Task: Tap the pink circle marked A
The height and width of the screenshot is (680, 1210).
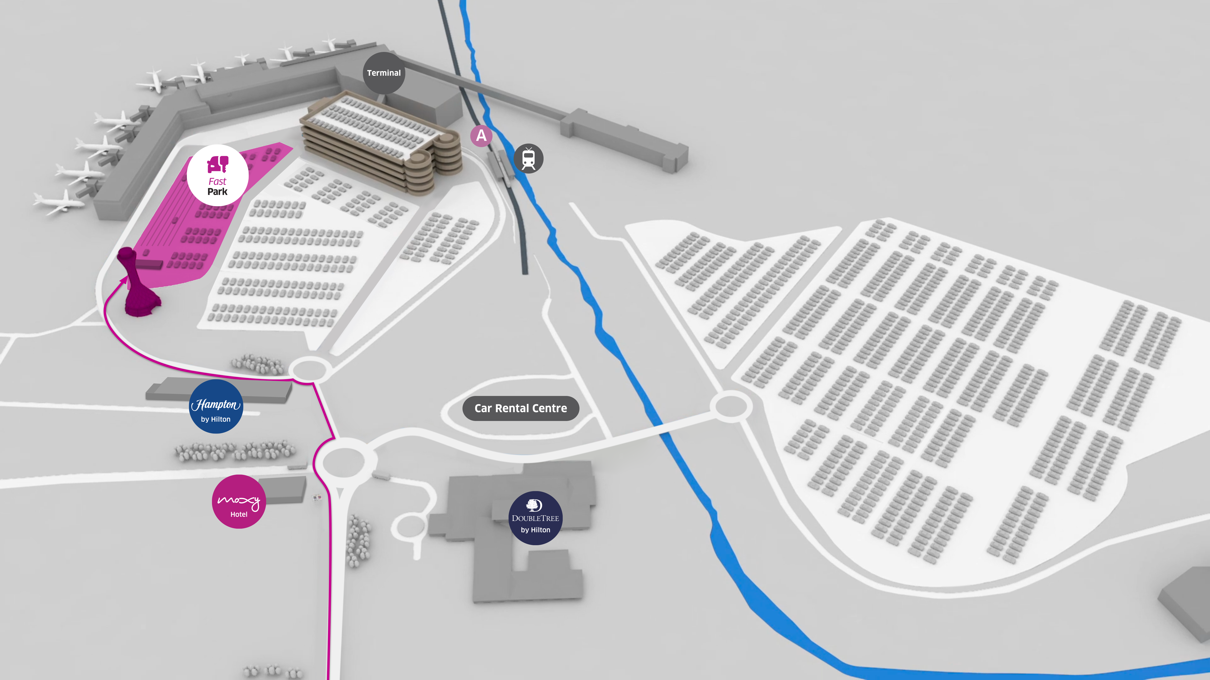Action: [481, 136]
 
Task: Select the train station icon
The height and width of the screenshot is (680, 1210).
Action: [528, 159]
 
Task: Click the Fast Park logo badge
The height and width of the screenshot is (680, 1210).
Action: [217, 175]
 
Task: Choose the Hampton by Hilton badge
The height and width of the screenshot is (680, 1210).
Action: [216, 406]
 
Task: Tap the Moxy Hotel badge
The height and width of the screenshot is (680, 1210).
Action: [239, 501]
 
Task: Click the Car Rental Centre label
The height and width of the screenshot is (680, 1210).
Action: [520, 408]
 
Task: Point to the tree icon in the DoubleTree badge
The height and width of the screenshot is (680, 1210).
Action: [534, 505]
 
